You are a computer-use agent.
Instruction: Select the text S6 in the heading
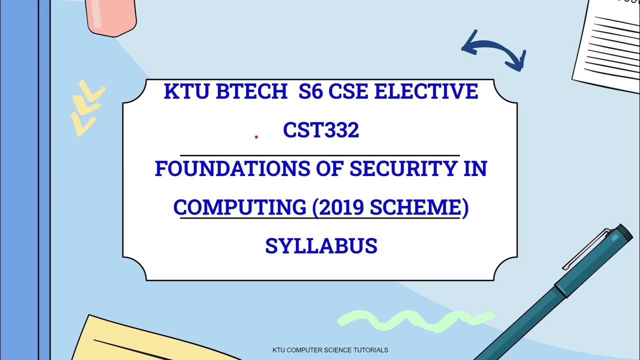[x=310, y=92]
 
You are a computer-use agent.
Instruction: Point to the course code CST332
[x=321, y=131]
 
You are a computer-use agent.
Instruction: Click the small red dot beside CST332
[x=256, y=136]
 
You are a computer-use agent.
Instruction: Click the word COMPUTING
[x=240, y=207]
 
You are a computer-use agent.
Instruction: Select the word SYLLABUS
[x=321, y=246]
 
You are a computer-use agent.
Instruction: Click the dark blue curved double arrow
[x=493, y=50]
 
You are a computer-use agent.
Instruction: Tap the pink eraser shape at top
[x=111, y=15]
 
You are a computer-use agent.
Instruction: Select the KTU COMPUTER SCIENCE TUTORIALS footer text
[x=330, y=350]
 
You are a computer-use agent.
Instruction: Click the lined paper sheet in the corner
[x=607, y=45]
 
